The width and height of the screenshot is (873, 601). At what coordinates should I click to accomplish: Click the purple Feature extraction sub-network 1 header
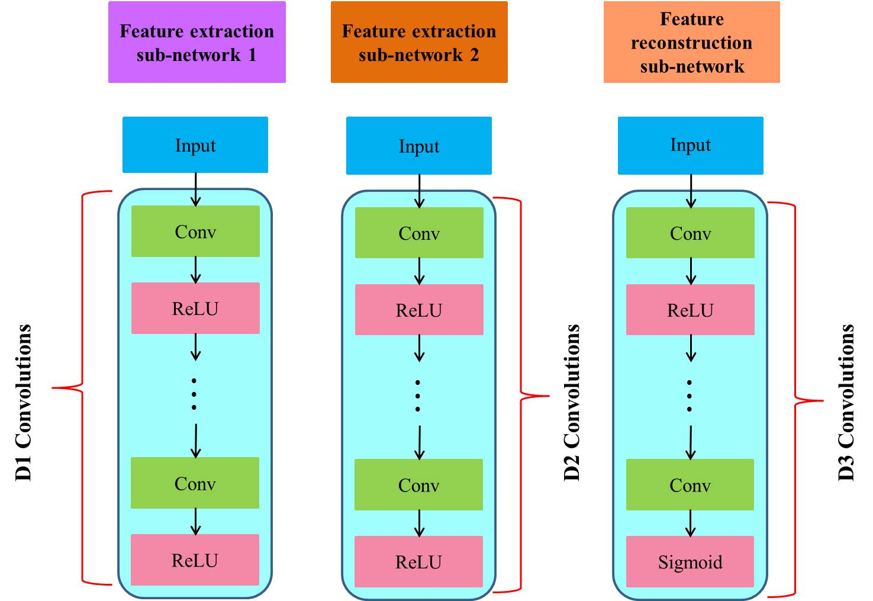point(196,42)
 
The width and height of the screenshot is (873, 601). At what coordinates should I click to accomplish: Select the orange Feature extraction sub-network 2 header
point(419,42)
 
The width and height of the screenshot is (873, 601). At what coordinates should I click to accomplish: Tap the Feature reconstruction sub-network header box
point(691,42)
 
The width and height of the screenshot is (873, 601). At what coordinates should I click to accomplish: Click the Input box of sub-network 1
point(195,145)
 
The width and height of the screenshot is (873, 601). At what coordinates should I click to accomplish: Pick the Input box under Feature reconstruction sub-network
point(690,146)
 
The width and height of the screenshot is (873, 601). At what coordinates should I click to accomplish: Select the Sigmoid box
point(690,561)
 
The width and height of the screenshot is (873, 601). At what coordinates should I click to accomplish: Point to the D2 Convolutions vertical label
point(572,403)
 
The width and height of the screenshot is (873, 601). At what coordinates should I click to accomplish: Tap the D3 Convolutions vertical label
point(847,403)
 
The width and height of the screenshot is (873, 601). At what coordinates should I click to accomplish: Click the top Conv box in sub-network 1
point(195,232)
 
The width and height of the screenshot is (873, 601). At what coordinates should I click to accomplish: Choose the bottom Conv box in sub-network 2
point(418,485)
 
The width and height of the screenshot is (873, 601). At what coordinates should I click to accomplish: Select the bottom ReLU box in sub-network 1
point(195,560)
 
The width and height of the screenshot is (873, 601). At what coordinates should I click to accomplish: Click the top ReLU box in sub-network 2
point(419,310)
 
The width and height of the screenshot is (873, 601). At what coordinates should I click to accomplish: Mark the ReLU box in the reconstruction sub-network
point(690,310)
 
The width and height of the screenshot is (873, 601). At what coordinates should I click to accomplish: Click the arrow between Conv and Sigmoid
point(690,523)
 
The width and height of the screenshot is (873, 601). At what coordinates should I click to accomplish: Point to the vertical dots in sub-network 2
point(418,396)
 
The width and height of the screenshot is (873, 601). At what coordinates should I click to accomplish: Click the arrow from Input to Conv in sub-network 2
point(419,191)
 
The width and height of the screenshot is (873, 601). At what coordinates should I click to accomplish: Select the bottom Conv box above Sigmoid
point(690,485)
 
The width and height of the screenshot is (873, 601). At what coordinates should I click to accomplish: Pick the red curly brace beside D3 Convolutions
point(795,400)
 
